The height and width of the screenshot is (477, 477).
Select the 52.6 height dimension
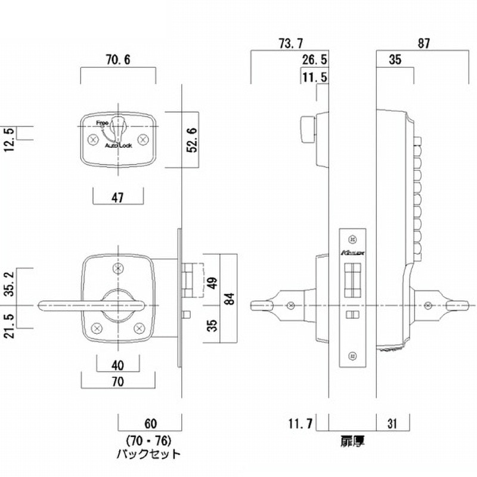point(191,140)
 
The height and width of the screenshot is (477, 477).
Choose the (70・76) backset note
point(149,441)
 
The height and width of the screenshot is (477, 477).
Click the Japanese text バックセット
point(149,454)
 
